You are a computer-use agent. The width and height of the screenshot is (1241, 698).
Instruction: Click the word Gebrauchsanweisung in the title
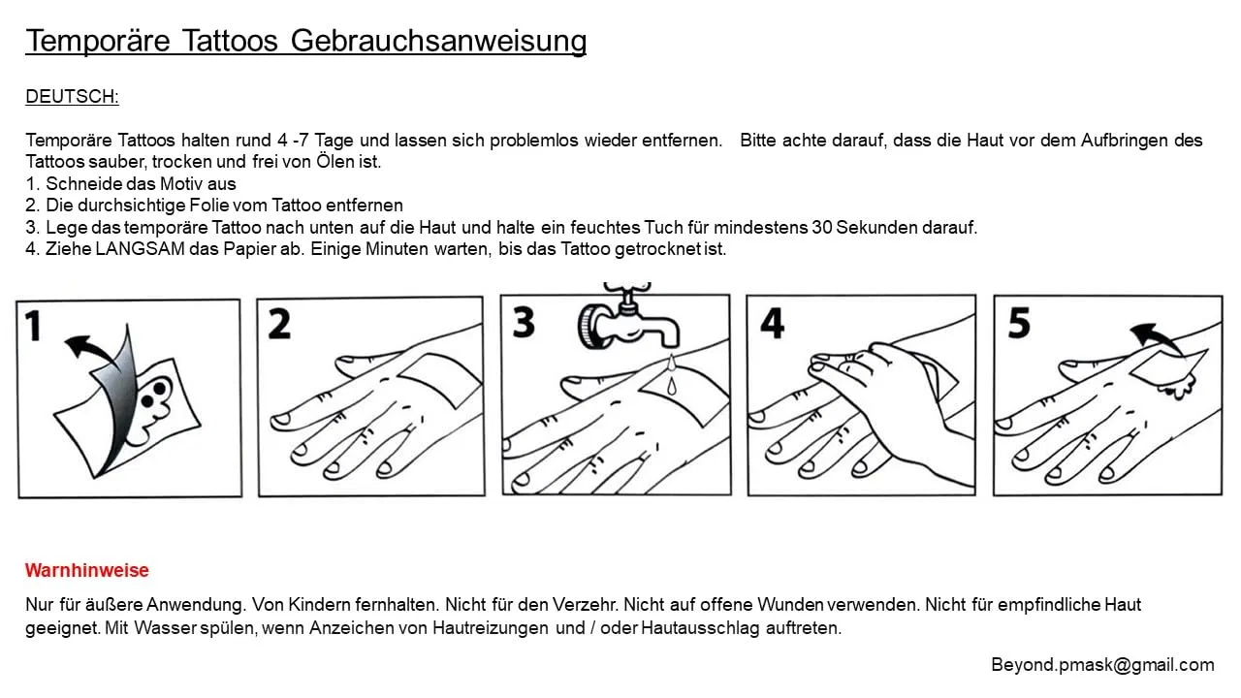[438, 42]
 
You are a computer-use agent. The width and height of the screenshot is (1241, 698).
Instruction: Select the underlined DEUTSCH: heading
[72, 96]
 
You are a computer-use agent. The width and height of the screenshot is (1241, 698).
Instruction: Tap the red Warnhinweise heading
[87, 570]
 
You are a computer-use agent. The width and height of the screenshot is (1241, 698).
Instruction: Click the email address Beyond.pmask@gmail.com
[1102, 665]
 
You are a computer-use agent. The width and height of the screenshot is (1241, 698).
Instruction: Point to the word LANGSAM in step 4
[141, 249]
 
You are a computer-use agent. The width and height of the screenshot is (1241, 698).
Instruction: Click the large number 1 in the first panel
[34, 326]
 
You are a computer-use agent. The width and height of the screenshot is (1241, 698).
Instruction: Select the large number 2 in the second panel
[279, 324]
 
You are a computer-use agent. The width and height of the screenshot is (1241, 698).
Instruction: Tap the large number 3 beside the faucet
[524, 323]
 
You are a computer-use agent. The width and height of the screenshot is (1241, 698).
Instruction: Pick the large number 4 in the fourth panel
[773, 323]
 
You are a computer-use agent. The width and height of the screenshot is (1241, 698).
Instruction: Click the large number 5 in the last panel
[1019, 323]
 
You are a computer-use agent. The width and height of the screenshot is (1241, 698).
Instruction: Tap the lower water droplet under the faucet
[672, 386]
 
